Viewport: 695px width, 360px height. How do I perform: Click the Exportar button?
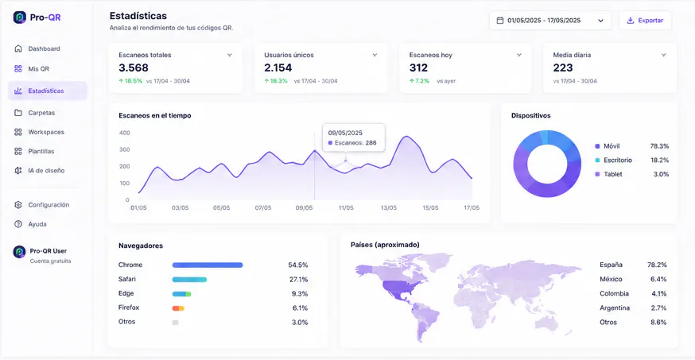(x=645, y=21)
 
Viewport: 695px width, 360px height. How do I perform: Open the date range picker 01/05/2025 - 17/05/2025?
(x=550, y=21)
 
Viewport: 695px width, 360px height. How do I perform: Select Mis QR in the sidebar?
(x=38, y=68)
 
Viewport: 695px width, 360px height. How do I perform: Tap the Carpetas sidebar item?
(x=41, y=113)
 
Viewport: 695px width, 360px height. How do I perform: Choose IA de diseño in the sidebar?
(x=46, y=171)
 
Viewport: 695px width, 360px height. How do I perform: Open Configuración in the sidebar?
(x=49, y=204)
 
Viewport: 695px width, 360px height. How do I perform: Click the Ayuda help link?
(x=37, y=224)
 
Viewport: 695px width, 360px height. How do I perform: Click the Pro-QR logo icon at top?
(x=20, y=17)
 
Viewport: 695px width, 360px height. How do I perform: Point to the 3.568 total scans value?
(x=134, y=68)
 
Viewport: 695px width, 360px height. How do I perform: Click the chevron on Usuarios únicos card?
(x=375, y=55)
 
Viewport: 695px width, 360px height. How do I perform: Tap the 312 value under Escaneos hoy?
(x=418, y=68)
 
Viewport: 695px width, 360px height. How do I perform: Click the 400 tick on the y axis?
(x=125, y=133)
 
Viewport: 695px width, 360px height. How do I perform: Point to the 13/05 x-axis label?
(x=389, y=207)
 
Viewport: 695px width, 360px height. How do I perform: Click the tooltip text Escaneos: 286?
(x=355, y=142)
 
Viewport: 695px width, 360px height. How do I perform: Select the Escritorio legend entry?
(x=617, y=160)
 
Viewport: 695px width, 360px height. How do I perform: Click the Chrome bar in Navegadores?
(x=208, y=265)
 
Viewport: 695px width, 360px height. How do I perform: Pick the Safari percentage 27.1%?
(x=298, y=280)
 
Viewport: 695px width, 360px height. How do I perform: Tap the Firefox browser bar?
(x=178, y=308)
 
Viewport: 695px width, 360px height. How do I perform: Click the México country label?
(x=611, y=279)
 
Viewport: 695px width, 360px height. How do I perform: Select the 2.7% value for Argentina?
(x=658, y=308)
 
